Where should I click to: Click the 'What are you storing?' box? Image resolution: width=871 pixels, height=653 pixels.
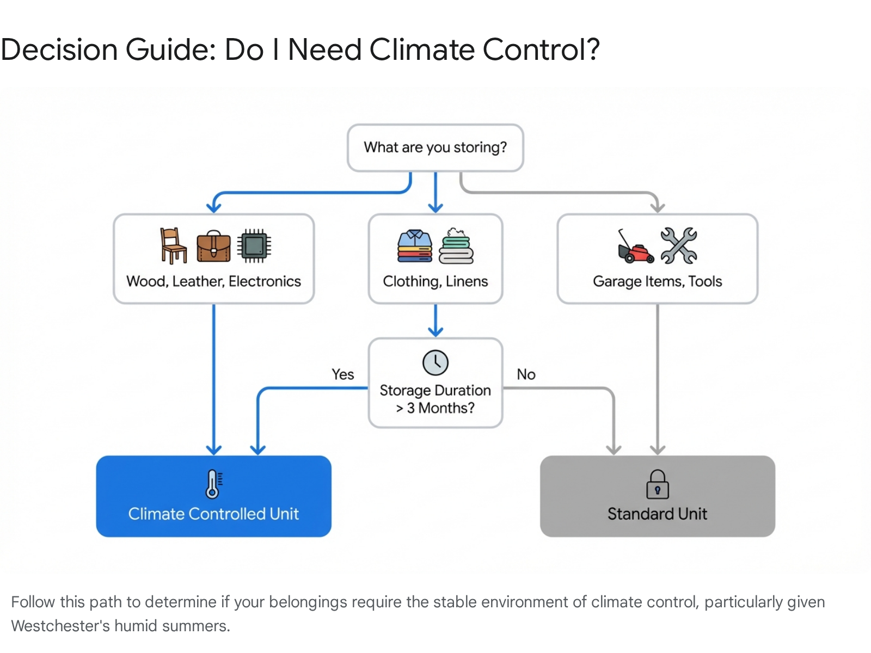435,147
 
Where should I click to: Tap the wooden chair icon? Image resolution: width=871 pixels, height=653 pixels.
173,245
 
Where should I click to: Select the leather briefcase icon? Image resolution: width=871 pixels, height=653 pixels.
213,247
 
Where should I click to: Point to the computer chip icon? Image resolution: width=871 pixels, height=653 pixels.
254,245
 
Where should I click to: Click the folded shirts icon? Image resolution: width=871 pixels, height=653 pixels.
415,247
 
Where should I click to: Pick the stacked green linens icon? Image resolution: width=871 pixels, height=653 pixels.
456,246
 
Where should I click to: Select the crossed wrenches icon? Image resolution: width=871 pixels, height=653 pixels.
678,245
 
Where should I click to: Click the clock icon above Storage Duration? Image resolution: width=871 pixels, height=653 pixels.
436,362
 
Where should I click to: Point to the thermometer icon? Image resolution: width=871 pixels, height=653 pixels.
213,484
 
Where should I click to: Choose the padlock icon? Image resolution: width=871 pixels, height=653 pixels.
657,484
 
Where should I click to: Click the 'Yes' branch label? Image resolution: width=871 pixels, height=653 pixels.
343,374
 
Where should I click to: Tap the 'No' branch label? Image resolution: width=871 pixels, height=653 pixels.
526,374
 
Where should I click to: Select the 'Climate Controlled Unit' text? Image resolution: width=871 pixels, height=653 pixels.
213,514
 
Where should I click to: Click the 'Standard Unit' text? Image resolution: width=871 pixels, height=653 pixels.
657,514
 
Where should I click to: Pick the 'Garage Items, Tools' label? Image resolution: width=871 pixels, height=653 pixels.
657,281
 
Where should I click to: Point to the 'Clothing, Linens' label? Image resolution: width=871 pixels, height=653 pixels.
435,281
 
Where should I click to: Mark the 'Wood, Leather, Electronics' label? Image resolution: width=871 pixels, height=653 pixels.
213,281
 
